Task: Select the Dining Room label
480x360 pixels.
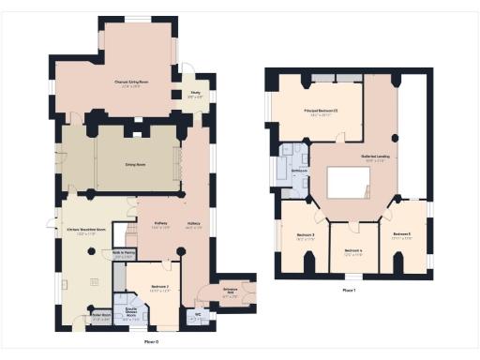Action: [137, 163]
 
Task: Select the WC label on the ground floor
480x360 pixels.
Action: [198, 315]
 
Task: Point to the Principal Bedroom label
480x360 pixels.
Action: [320, 112]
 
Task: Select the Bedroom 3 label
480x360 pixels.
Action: [305, 235]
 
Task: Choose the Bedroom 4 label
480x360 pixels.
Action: [352, 251]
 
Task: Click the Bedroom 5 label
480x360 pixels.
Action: [402, 234]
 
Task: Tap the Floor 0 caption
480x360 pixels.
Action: [150, 342]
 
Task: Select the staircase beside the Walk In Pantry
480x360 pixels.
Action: [120, 233]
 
